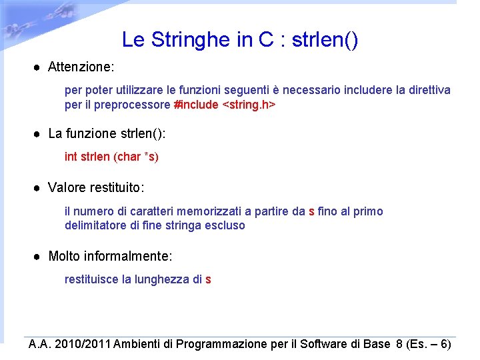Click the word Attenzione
81,67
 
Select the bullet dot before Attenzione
39,67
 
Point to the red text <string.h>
249,105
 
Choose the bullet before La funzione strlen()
39,133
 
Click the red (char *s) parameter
137,157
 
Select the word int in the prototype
70,157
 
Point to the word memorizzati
209,211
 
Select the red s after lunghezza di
208,279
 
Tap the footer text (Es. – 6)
429,344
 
